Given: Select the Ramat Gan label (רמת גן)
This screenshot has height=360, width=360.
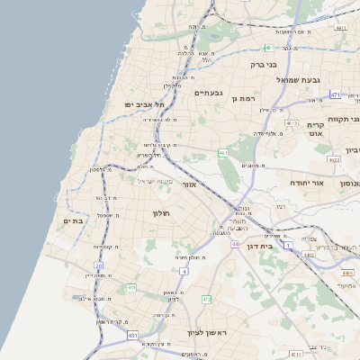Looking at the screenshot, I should tap(244, 99).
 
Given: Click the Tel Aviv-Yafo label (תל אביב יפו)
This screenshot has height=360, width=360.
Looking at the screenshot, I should tap(148, 105).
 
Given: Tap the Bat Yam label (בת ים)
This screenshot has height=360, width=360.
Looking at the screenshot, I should tap(73, 220).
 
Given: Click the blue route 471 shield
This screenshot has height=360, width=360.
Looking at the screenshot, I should tap(335, 94).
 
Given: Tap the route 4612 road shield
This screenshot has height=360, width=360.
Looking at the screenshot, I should tap(291, 122).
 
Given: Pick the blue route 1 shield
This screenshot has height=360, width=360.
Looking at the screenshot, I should tap(289, 245).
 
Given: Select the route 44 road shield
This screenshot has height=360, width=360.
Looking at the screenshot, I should tap(234, 244).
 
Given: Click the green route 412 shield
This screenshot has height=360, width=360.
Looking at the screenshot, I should tap(206, 299).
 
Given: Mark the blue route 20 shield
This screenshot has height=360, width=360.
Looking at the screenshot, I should tap(99, 265).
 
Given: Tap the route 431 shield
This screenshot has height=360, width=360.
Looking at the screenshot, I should tap(132, 335).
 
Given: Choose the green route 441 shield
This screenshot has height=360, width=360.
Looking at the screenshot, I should tap(130, 288).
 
